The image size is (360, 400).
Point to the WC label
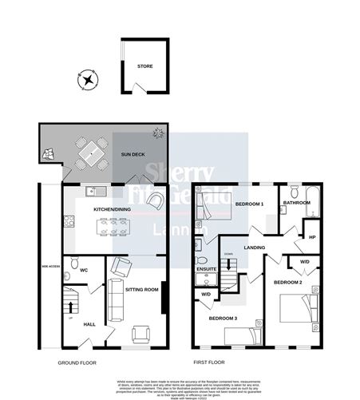coord(83,271)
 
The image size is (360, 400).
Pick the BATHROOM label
coord(297,203)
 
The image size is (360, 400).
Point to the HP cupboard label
coord(313,237)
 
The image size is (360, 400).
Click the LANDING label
coord(255,248)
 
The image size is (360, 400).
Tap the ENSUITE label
coord(206,269)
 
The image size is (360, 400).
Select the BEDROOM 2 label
coord(287,283)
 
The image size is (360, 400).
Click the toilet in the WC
coord(71,263)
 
